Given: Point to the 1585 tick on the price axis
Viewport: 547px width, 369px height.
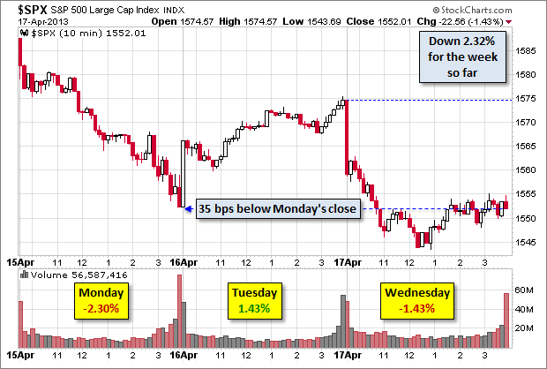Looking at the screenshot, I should pos(526,50).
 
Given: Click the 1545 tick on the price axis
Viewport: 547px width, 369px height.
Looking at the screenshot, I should pos(526,241).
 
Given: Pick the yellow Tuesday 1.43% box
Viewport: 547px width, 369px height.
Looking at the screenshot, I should pos(254,300).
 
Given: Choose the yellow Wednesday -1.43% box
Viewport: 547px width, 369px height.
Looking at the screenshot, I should pos(416,300).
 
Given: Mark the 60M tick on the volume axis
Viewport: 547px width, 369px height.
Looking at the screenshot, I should pos(526,290).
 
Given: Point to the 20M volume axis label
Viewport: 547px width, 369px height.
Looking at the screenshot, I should pos(526,328).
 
